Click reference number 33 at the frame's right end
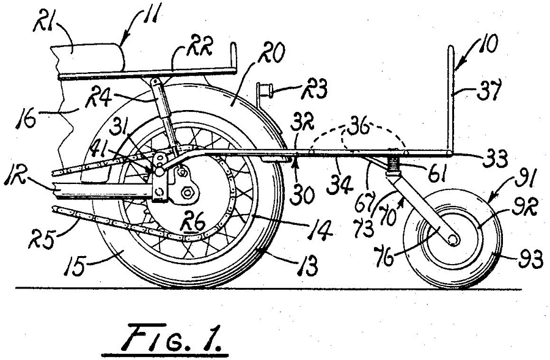click(495, 159)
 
